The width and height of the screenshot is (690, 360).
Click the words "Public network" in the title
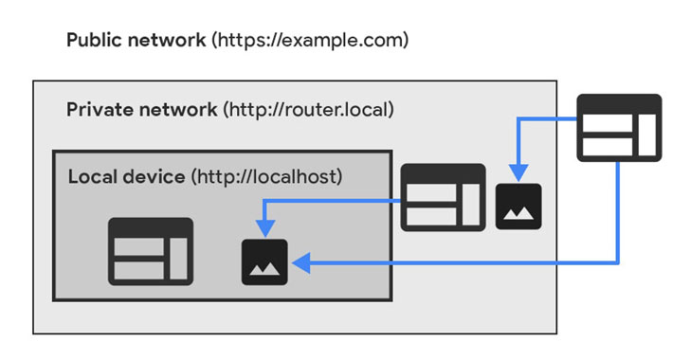click(136, 40)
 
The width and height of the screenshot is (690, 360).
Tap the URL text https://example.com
click(310, 40)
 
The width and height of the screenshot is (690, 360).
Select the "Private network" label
click(142, 110)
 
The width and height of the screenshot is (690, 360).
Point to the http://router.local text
click(308, 110)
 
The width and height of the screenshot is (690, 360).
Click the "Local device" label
click(126, 177)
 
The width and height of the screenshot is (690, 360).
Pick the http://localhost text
click(266, 177)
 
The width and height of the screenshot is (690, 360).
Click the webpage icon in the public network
click(619, 128)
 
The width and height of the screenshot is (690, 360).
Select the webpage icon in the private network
click(444, 198)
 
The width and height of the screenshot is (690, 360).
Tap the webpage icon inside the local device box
click(151, 251)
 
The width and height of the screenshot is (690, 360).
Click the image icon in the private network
click(518, 207)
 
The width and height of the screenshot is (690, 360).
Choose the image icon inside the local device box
click(264, 262)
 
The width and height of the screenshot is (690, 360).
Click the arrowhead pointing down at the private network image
click(518, 173)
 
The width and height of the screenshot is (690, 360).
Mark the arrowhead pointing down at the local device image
click(265, 228)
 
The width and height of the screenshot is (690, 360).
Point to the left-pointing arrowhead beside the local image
click(301, 263)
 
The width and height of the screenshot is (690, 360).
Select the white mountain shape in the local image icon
click(264, 268)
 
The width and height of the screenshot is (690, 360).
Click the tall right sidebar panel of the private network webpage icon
click(471, 205)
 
